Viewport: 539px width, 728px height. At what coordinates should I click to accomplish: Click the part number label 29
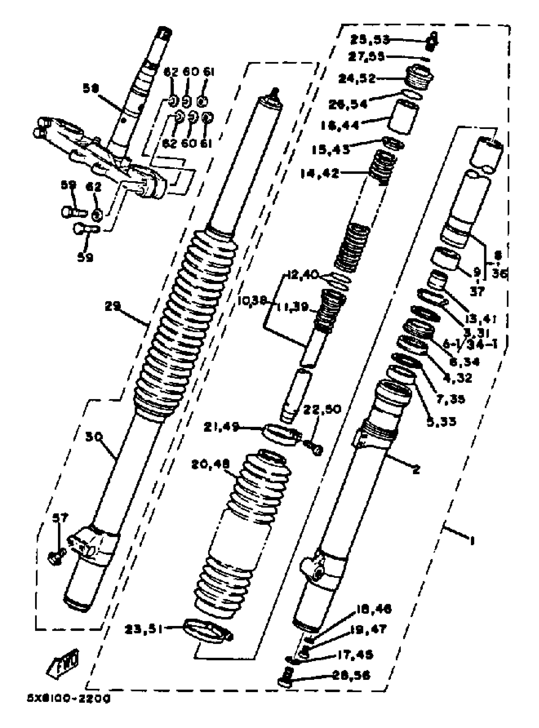click(113, 306)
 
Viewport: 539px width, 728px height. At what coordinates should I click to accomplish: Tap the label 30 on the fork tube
click(94, 437)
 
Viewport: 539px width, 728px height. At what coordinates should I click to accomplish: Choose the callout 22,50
click(322, 409)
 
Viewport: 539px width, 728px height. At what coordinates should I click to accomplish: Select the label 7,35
click(450, 399)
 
